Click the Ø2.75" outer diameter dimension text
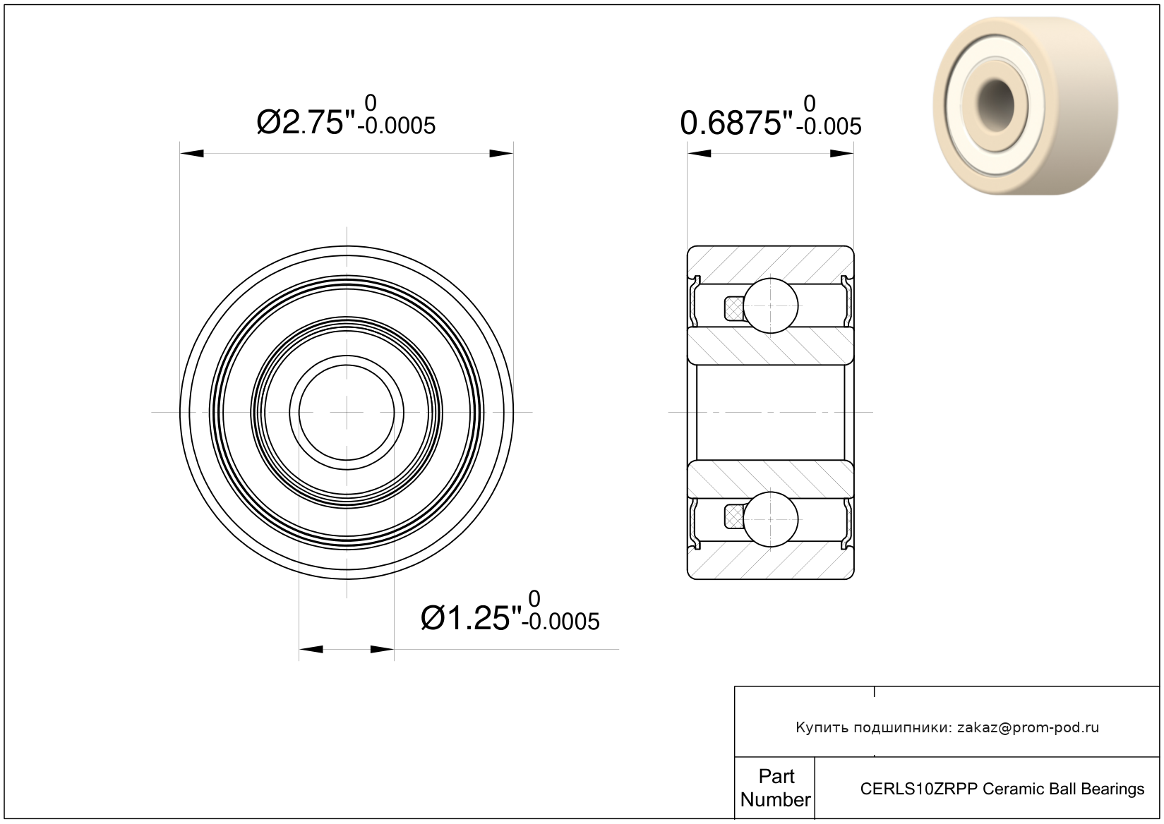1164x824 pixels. coord(306,123)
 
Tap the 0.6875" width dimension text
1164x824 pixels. coord(737,123)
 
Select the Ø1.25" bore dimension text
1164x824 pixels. coord(472,619)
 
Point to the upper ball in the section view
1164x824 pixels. coord(771,305)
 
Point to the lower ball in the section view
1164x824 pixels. coord(771,519)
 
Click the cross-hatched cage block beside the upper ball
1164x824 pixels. coord(733,308)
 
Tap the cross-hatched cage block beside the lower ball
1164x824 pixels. coord(733,516)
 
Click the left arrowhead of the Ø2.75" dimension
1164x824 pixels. coord(192,154)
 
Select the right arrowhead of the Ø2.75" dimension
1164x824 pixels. coord(501,154)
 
